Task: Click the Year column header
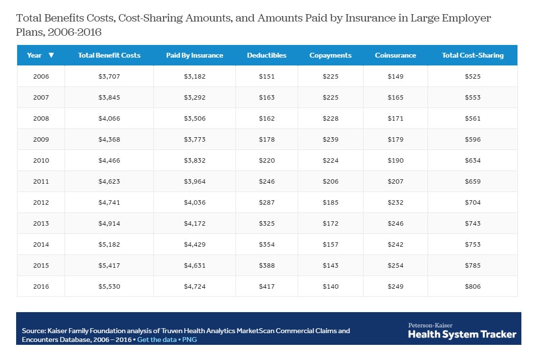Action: pos(35,55)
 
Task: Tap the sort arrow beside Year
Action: pos(51,55)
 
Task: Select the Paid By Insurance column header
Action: pos(194,55)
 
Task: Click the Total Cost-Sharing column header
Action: pos(473,55)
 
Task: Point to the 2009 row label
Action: pos(41,140)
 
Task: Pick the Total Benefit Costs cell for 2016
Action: pos(109,287)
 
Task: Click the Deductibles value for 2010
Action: pos(267,161)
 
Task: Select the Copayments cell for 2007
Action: pos(330,98)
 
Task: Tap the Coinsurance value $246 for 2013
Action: pos(395,224)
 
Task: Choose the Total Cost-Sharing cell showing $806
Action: pos(473,287)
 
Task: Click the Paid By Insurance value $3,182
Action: pos(194,77)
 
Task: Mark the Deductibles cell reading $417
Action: pos(267,287)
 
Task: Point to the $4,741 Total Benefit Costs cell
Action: pos(109,203)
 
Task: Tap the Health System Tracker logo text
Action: pos(462,334)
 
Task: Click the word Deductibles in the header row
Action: pos(267,55)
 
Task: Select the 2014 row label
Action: pos(41,245)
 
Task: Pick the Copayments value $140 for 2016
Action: pos(330,287)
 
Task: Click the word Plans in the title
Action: pos(28,32)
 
